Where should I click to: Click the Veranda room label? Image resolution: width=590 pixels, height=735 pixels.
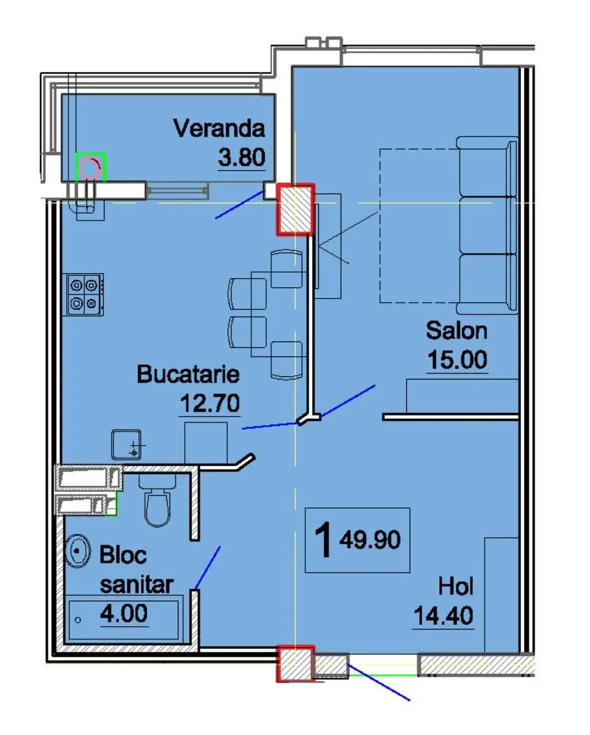pyautogui.click(x=219, y=129)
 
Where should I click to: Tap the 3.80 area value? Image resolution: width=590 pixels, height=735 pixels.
pyautogui.click(x=242, y=157)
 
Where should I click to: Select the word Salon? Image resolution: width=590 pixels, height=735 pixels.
pyautogui.click(x=456, y=331)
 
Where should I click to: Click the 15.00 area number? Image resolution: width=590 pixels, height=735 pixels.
pyautogui.click(x=457, y=359)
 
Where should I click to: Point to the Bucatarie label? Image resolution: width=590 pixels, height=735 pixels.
pyautogui.click(x=188, y=374)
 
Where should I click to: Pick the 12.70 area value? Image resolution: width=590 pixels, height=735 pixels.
pyautogui.click(x=210, y=403)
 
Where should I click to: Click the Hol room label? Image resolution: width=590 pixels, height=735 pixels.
pyautogui.click(x=456, y=586)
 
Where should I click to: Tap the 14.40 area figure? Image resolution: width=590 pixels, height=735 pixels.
pyautogui.click(x=443, y=616)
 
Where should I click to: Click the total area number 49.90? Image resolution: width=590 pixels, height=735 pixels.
pyautogui.click(x=370, y=540)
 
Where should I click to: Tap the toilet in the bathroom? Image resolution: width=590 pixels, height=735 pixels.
pyautogui.click(x=157, y=499)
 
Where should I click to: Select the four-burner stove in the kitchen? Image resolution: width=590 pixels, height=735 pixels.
pyautogui.click(x=83, y=294)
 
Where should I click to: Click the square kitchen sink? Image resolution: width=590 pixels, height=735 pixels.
pyautogui.click(x=126, y=444)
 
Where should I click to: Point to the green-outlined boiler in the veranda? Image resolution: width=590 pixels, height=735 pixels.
pyautogui.click(x=91, y=167)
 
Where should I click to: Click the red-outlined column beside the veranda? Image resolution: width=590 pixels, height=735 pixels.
pyautogui.click(x=296, y=210)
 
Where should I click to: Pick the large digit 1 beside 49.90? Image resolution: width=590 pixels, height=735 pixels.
pyautogui.click(x=323, y=540)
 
